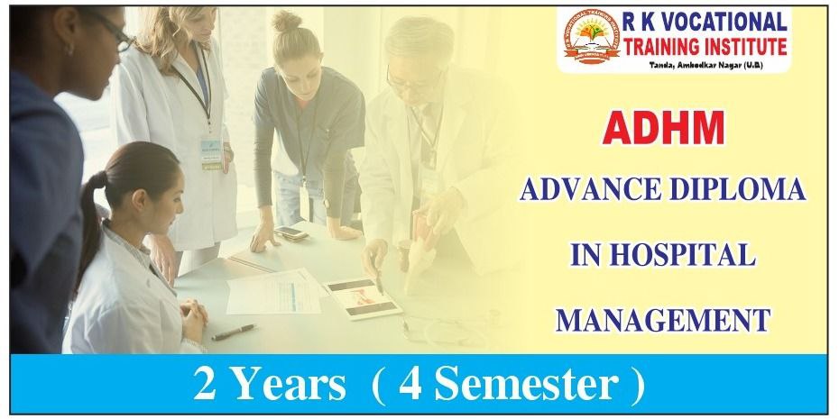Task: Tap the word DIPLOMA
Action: pyautogui.click(x=741, y=191)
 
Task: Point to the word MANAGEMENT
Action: pyautogui.click(x=663, y=318)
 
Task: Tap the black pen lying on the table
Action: pyautogui.click(x=234, y=332)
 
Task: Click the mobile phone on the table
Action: pyautogui.click(x=291, y=233)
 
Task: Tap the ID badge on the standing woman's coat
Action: pyautogui.click(x=211, y=150)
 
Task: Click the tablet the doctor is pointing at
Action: pyautogui.click(x=364, y=296)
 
